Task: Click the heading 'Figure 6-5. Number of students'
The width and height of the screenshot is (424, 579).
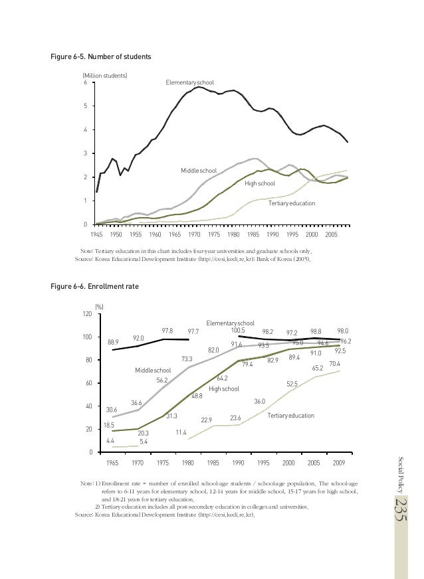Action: pyautogui.click(x=101, y=57)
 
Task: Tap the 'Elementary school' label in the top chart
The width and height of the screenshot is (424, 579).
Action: pyautogui.click(x=189, y=82)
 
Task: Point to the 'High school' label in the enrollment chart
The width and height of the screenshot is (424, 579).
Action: pyautogui.click(x=224, y=388)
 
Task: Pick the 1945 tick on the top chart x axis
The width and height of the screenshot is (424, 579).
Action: pyautogui.click(x=96, y=235)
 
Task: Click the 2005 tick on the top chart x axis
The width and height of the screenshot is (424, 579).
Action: pyautogui.click(x=332, y=235)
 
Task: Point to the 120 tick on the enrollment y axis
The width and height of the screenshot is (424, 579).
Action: pyautogui.click(x=87, y=314)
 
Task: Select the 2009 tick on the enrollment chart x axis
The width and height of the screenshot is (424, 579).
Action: pyautogui.click(x=339, y=463)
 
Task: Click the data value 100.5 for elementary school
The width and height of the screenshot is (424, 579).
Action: pyautogui.click(x=239, y=330)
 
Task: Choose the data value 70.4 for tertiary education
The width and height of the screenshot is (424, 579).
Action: pyautogui.click(x=334, y=364)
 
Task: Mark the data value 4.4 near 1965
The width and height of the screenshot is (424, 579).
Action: pyautogui.click(x=110, y=440)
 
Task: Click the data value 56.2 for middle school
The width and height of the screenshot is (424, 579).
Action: pyautogui.click(x=162, y=380)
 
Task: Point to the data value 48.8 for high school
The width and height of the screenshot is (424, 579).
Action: pyautogui.click(x=197, y=396)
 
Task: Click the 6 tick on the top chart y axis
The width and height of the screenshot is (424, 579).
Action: pyautogui.click(x=85, y=82)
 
